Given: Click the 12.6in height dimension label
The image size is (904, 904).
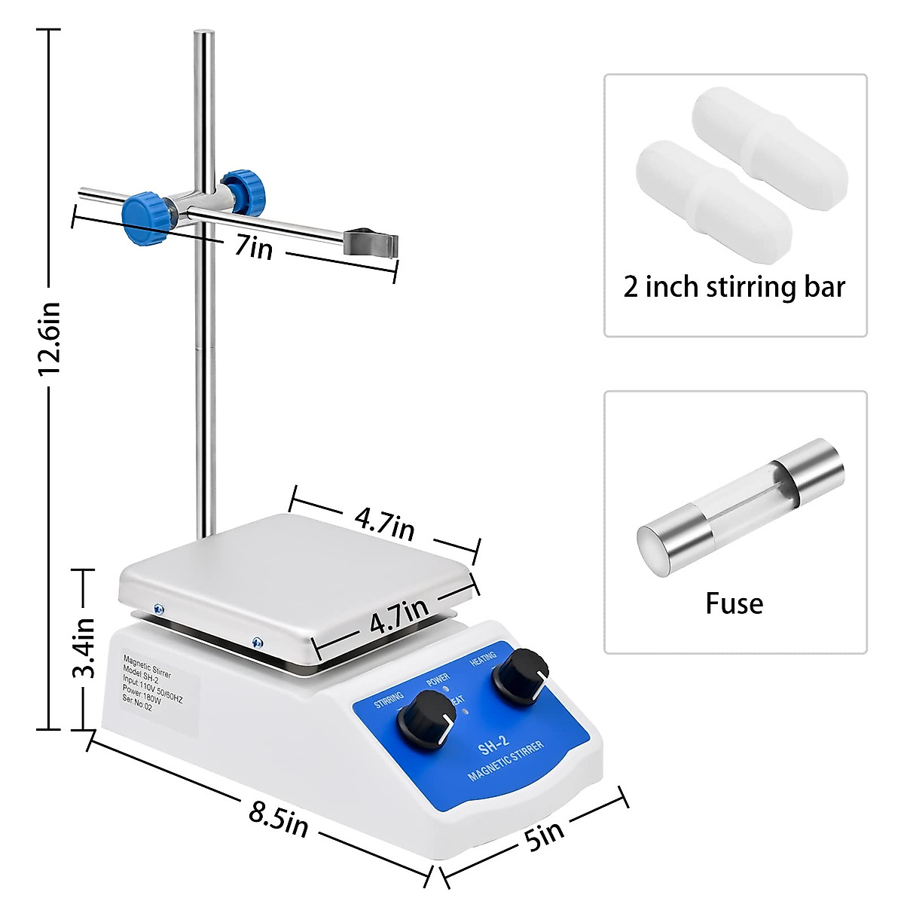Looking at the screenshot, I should pyautogui.click(x=50, y=340).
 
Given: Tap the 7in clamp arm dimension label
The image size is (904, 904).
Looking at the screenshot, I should pyautogui.click(x=253, y=246).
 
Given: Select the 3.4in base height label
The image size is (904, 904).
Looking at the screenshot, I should pyautogui.click(x=84, y=647).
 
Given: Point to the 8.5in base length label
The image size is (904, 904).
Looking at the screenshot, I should pyautogui.click(x=278, y=820).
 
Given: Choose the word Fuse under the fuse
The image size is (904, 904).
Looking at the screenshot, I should pyautogui.click(x=734, y=603).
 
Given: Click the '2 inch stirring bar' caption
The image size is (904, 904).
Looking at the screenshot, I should pyautogui.click(x=734, y=287).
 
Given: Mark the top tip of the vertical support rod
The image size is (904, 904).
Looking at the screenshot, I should pyautogui.click(x=203, y=33).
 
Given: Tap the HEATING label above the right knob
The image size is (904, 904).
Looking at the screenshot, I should pyautogui.click(x=484, y=658).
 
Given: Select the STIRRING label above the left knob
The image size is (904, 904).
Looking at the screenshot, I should pyautogui.click(x=389, y=699).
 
